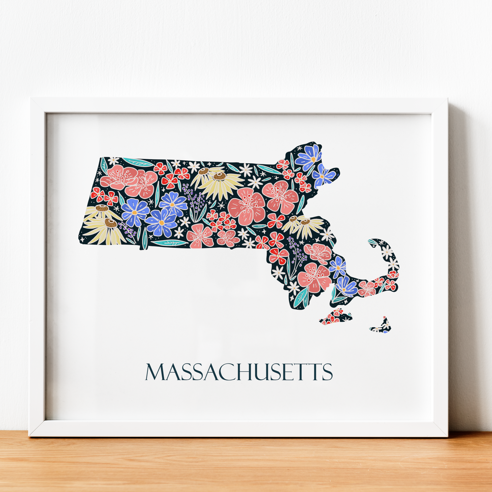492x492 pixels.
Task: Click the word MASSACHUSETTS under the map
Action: (x=239, y=372)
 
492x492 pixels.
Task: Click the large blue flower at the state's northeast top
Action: (x=309, y=157)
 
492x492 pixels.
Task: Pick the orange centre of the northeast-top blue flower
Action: (x=313, y=159)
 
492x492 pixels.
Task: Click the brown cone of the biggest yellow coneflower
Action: (x=219, y=176)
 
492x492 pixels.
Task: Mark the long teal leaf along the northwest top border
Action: (x=138, y=162)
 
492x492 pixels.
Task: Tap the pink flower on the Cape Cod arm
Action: (x=367, y=288)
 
